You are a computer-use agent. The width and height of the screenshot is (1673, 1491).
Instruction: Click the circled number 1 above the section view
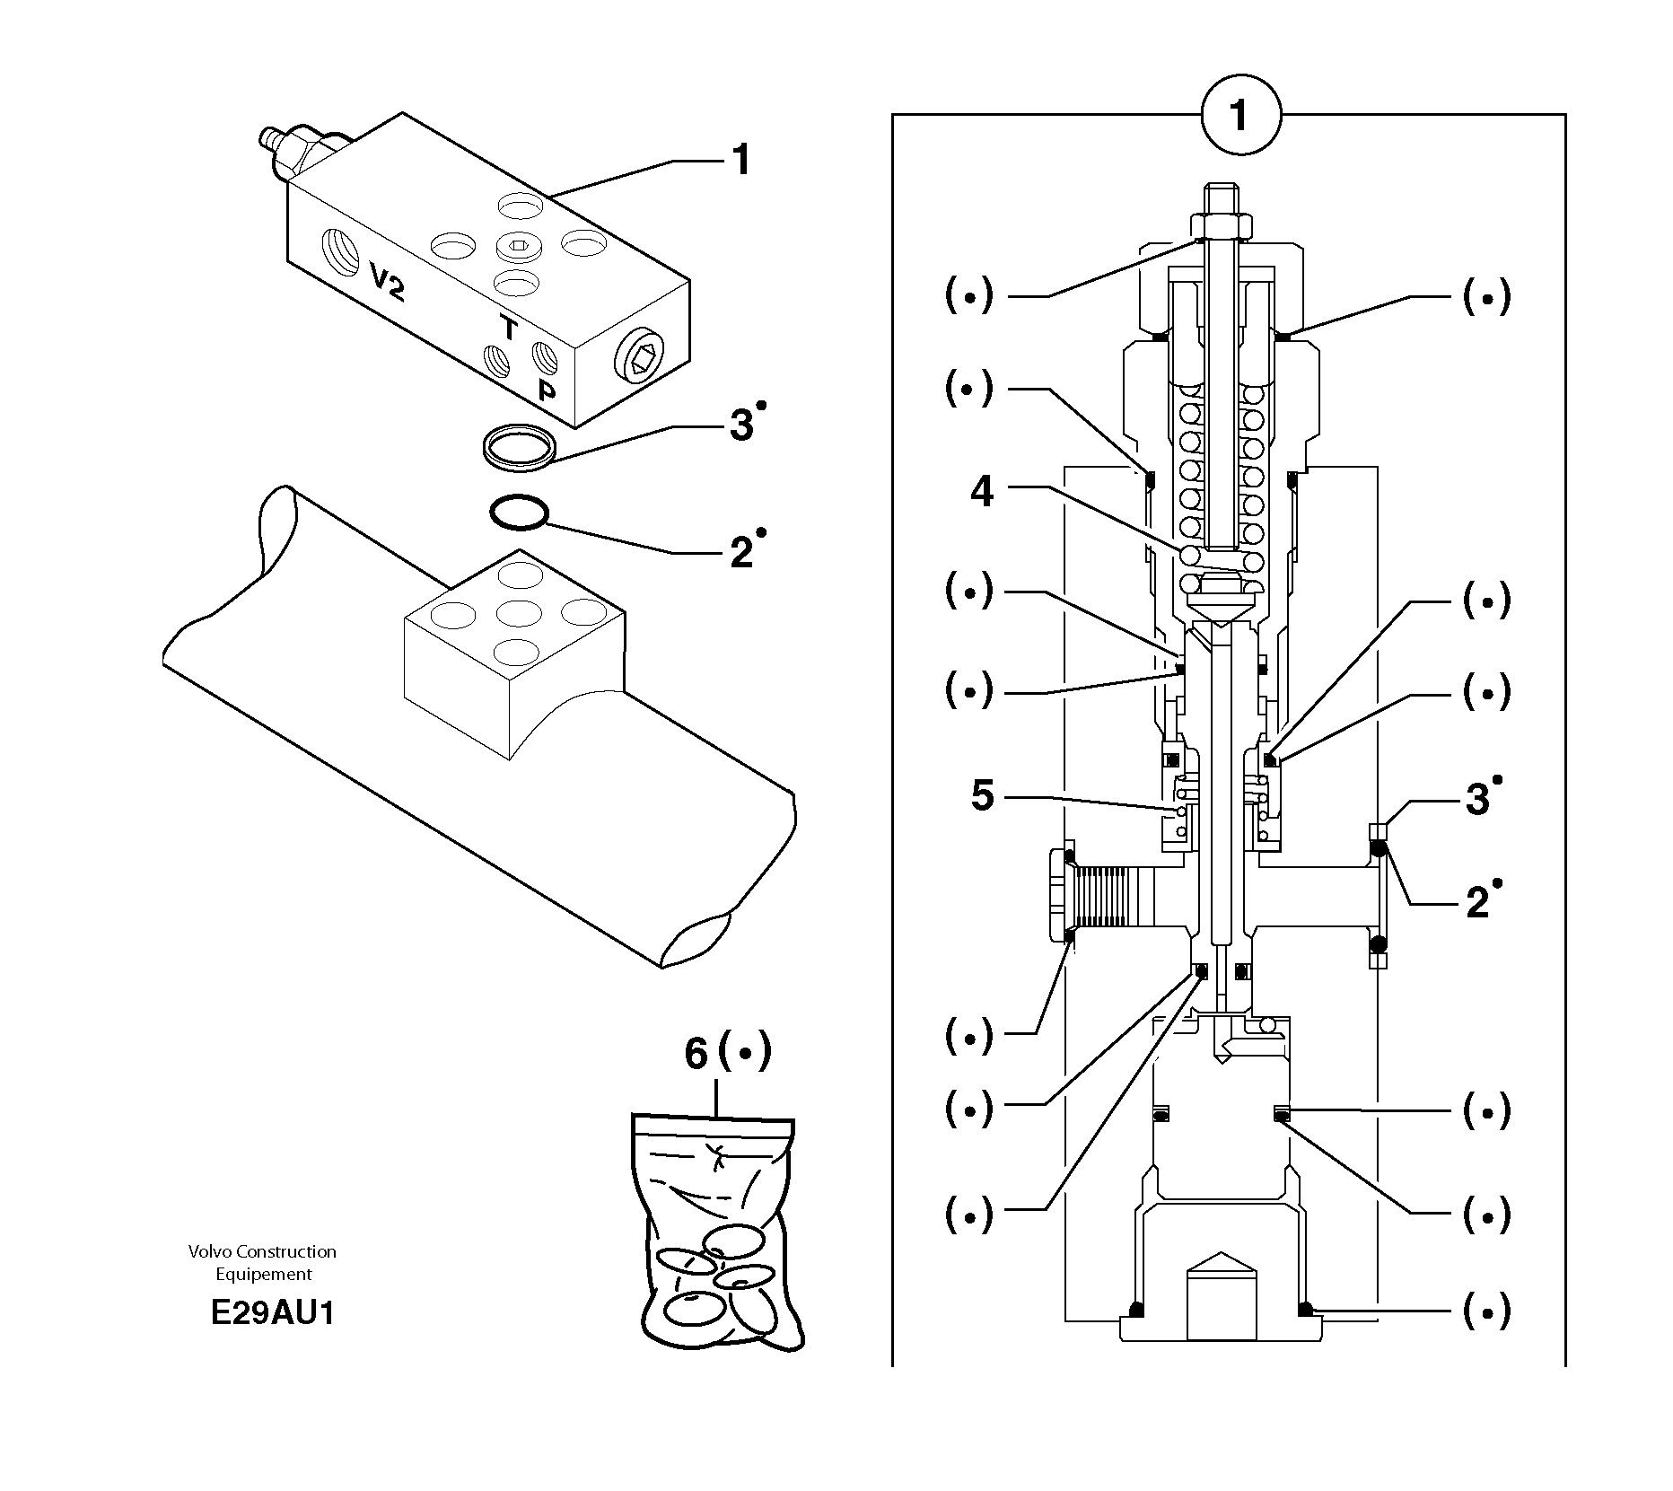(x=1240, y=117)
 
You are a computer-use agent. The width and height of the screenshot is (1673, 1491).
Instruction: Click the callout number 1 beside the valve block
(x=740, y=161)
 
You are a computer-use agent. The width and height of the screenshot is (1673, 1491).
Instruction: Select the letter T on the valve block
(x=509, y=329)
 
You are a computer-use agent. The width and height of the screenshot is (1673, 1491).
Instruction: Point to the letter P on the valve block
(x=546, y=390)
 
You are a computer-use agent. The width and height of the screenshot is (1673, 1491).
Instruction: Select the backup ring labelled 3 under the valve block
(x=519, y=446)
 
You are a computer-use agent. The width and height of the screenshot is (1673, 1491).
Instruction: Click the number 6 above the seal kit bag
(x=696, y=1053)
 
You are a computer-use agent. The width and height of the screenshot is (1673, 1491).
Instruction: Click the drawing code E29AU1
(x=272, y=1313)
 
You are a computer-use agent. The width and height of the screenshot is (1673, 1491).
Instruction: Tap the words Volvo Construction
(x=262, y=1251)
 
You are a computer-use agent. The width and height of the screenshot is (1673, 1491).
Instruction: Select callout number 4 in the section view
(x=982, y=492)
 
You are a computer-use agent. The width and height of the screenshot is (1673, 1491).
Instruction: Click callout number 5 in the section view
(x=983, y=796)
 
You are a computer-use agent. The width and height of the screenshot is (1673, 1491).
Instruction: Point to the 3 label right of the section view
(x=1476, y=799)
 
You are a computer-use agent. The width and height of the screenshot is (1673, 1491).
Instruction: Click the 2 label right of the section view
(x=1476, y=902)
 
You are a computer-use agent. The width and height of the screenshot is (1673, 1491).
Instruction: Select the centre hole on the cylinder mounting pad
(x=518, y=614)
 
